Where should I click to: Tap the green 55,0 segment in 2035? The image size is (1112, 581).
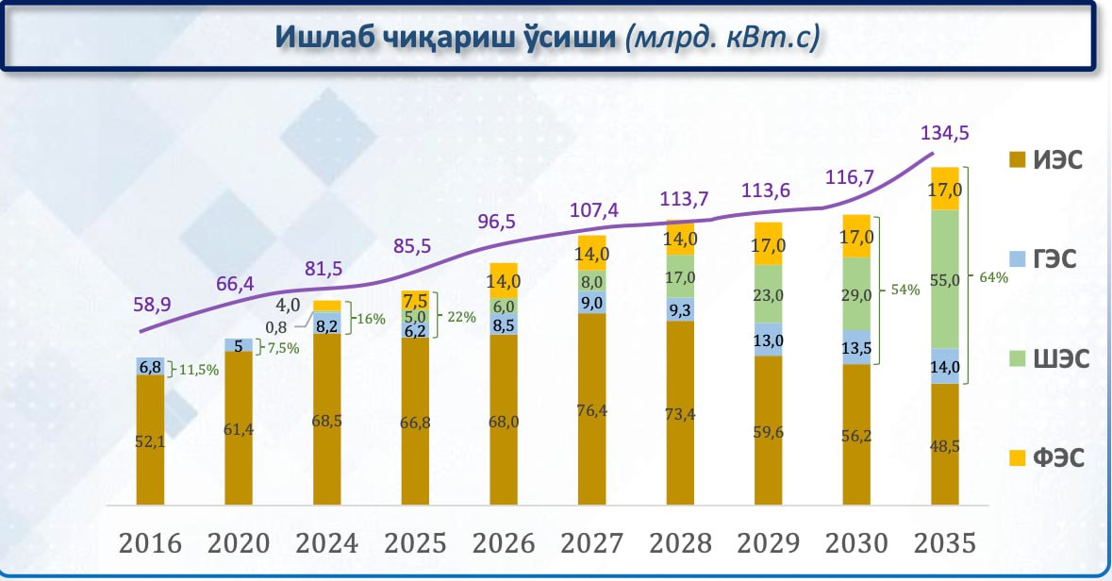[x=944, y=279]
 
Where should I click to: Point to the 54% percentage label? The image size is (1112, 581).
[x=905, y=290]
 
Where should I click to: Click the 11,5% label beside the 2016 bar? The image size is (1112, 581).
[x=198, y=371]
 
